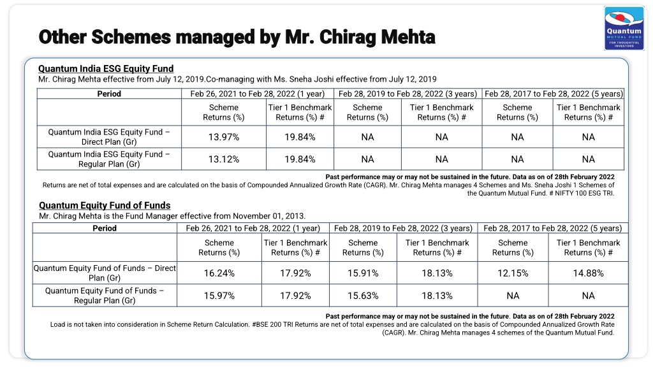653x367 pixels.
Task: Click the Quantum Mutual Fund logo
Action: pyautogui.click(x=624, y=28)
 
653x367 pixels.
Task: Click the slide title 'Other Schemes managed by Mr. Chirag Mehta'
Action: pyautogui.click(x=237, y=36)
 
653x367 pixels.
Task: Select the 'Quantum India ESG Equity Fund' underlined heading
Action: pyautogui.click(x=106, y=69)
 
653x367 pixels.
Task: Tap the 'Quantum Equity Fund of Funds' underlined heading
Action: pyautogui.click(x=105, y=205)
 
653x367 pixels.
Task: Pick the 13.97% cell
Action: pyautogui.click(x=224, y=137)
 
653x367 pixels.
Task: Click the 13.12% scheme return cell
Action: pyautogui.click(x=224, y=159)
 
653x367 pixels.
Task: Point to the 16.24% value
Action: pyautogui.click(x=219, y=273)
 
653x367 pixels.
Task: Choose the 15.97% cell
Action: pyautogui.click(x=219, y=296)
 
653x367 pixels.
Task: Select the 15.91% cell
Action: pyautogui.click(x=363, y=273)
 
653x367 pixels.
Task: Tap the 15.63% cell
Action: pyautogui.click(x=363, y=296)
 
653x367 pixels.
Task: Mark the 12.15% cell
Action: pyautogui.click(x=513, y=273)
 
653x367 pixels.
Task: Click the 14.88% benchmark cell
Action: pyautogui.click(x=588, y=273)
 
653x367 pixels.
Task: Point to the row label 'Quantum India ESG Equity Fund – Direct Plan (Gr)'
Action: pyautogui.click(x=109, y=137)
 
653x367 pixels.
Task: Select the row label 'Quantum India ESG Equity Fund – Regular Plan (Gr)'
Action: pyautogui.click(x=109, y=159)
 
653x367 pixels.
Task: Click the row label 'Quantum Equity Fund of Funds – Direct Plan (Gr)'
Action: pyautogui.click(x=105, y=273)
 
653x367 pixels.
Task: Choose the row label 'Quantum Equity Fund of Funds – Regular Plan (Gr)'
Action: pyautogui.click(x=105, y=296)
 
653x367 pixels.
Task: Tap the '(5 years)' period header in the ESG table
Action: pyautogui.click(x=607, y=94)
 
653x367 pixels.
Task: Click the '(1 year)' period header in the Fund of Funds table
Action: pyautogui.click(x=306, y=228)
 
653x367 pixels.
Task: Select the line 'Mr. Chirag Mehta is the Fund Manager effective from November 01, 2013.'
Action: pyautogui.click(x=172, y=216)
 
